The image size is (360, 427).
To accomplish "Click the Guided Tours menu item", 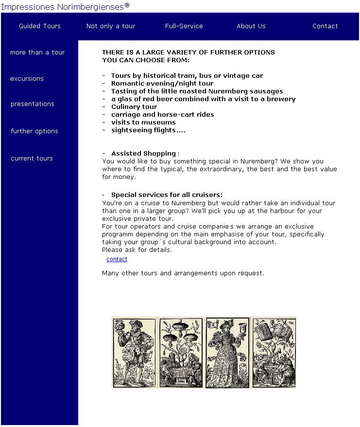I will (x=40, y=26).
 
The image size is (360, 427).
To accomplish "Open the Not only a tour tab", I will (x=111, y=26).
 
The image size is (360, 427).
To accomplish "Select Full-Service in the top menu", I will (x=184, y=26).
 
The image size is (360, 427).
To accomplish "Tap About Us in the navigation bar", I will (x=251, y=26).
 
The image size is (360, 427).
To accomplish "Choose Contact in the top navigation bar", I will (x=325, y=26).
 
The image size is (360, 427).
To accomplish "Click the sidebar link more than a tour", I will (x=37, y=53).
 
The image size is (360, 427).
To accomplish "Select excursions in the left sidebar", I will (x=27, y=79).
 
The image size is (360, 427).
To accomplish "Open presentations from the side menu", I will (x=33, y=104).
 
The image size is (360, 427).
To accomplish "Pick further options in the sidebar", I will (x=34, y=131).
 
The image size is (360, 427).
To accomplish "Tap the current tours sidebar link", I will (x=32, y=159).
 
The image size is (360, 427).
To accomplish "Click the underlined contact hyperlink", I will (x=117, y=259).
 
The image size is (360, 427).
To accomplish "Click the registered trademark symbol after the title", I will (x=127, y=5).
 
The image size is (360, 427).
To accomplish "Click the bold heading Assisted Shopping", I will (x=143, y=154).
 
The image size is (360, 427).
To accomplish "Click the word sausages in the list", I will (x=266, y=91).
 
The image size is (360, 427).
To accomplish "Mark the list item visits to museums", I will (x=143, y=123).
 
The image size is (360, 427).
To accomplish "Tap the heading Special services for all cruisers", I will (x=167, y=195).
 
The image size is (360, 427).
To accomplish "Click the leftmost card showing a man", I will (x=134, y=352).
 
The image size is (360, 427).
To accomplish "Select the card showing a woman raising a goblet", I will (x=227, y=352).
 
